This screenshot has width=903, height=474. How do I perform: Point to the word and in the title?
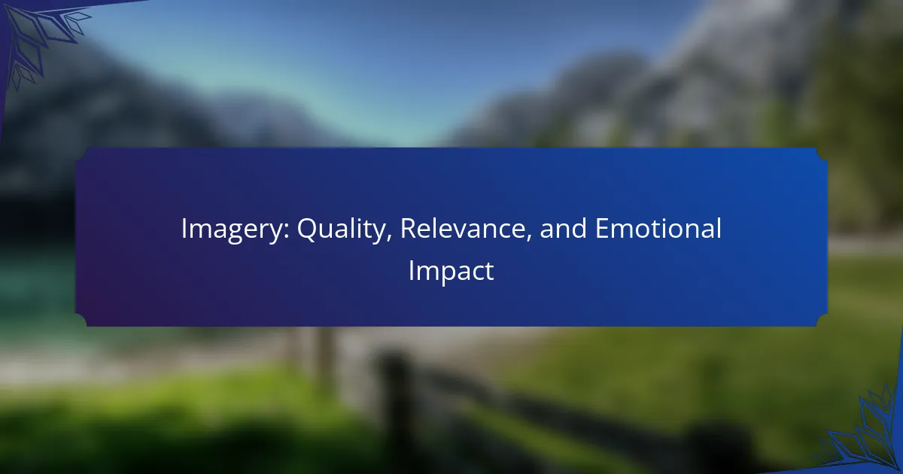pos(563,229)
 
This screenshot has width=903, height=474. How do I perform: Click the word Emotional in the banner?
pos(658,228)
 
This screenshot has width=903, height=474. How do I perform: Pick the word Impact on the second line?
pos(451,272)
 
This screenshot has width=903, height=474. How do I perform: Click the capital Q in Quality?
pos(308,229)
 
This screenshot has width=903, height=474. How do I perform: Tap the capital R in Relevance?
pos(409,229)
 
